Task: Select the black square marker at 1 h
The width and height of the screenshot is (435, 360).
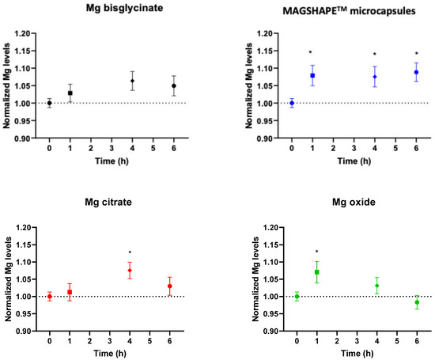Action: pos(70,93)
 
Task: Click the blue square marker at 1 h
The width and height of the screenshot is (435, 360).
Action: pos(312,76)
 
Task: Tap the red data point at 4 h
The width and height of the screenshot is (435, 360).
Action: pos(130,271)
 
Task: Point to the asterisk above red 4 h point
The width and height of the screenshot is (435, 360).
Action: pos(130,253)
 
